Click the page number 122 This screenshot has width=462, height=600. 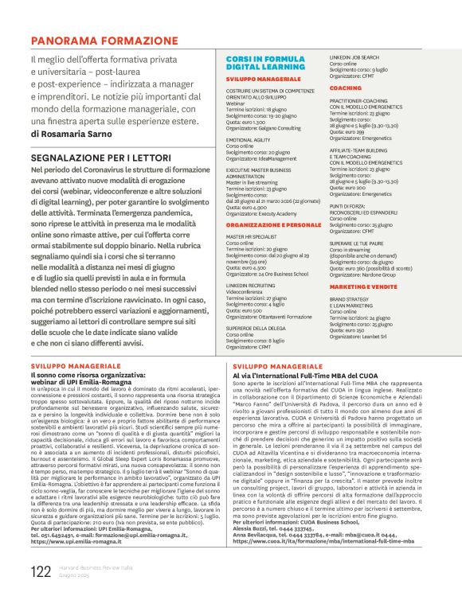41,571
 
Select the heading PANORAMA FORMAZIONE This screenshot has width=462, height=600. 100,39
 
